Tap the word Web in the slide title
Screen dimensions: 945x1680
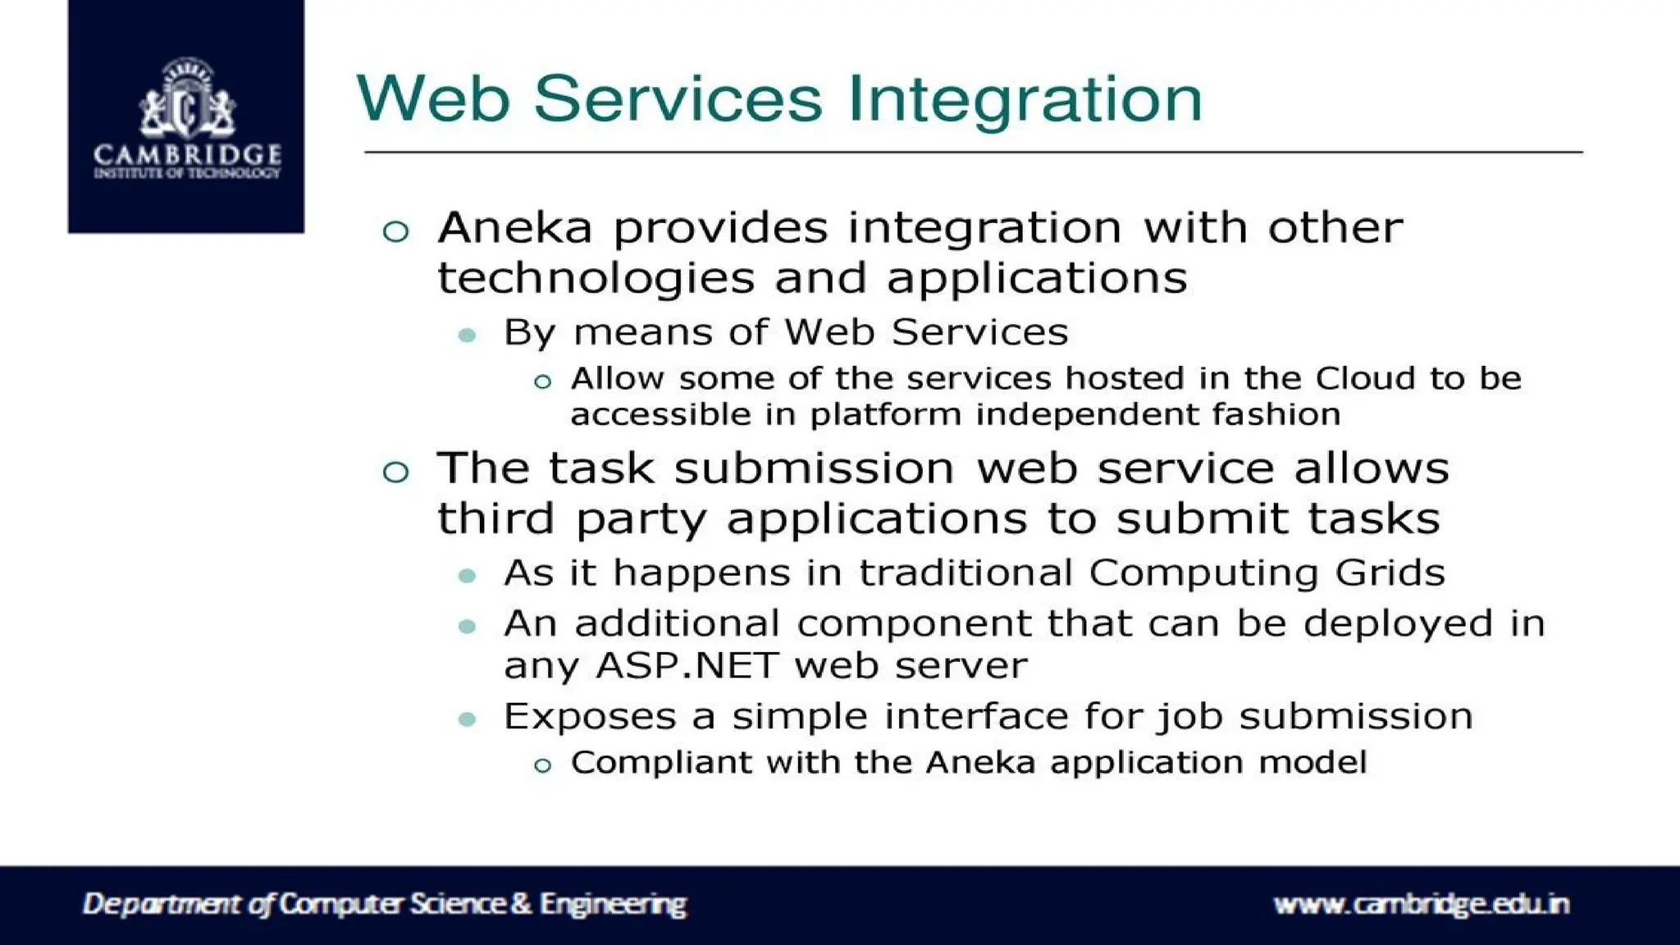(432, 98)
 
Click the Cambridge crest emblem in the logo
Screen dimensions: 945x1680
(187, 98)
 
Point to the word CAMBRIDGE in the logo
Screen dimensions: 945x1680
(187, 154)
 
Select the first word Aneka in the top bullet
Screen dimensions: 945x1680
(514, 227)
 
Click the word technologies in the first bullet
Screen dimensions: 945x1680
(596, 279)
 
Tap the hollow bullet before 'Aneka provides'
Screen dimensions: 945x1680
(395, 231)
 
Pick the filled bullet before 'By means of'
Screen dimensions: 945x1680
(468, 335)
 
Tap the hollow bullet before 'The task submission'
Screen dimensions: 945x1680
(395, 472)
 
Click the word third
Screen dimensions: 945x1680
(495, 519)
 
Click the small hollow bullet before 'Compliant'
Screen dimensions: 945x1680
(542, 767)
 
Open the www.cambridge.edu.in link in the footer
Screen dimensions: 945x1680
(1421, 904)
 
